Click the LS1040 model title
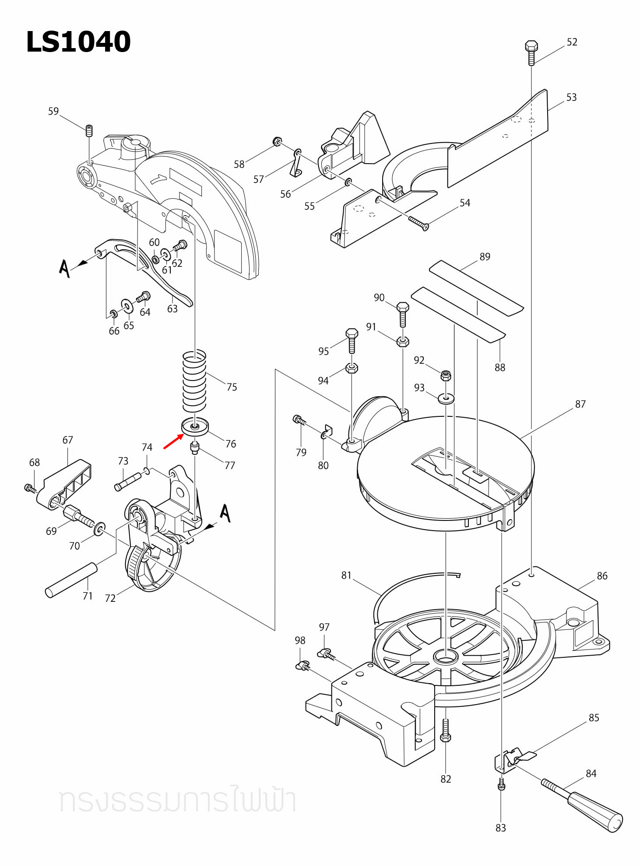[x=78, y=42]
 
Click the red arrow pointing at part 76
[x=173, y=442]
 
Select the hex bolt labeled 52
[x=531, y=52]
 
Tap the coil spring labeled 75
[x=194, y=381]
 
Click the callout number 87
[x=580, y=404]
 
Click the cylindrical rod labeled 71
[x=71, y=580]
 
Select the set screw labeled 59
[x=89, y=130]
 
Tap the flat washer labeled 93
[x=446, y=398]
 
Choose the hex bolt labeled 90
[x=403, y=314]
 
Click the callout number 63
[x=172, y=309]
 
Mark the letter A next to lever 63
[x=64, y=268]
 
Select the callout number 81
[x=346, y=575]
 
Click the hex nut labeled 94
[x=352, y=368]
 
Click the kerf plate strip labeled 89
[x=475, y=287]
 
